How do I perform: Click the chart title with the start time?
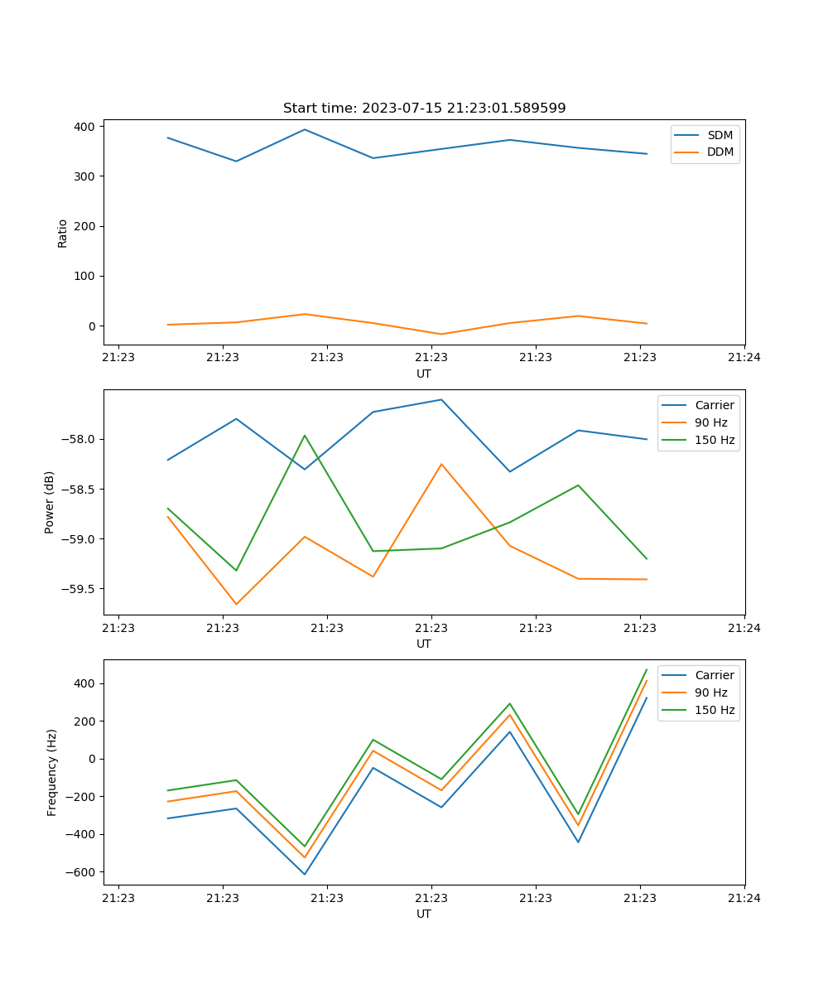click(424, 109)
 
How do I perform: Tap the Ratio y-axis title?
click(63, 232)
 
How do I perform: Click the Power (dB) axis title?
click(50, 502)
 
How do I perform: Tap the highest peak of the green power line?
click(305, 435)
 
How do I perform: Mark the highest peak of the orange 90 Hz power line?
click(441, 464)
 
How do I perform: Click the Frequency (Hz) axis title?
click(52, 772)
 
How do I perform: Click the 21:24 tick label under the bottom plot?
click(744, 897)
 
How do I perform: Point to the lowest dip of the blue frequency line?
click(305, 874)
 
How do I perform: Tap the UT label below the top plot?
click(424, 374)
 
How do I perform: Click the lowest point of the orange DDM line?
click(441, 334)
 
